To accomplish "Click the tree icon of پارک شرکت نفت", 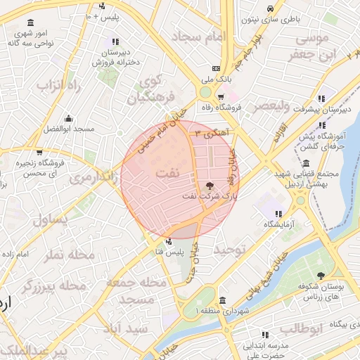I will (x=210, y=186).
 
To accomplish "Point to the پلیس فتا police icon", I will (x=167, y=240).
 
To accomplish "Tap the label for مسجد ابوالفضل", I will (x=67, y=129).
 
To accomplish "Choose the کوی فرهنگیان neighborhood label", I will (x=149, y=89).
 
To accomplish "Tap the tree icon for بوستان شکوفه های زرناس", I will (x=321, y=276).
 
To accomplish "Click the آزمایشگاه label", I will (x=278, y=224).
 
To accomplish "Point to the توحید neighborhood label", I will (x=229, y=250).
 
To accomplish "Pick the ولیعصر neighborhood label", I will (x=268, y=105).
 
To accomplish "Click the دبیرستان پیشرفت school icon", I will (x=322, y=98).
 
